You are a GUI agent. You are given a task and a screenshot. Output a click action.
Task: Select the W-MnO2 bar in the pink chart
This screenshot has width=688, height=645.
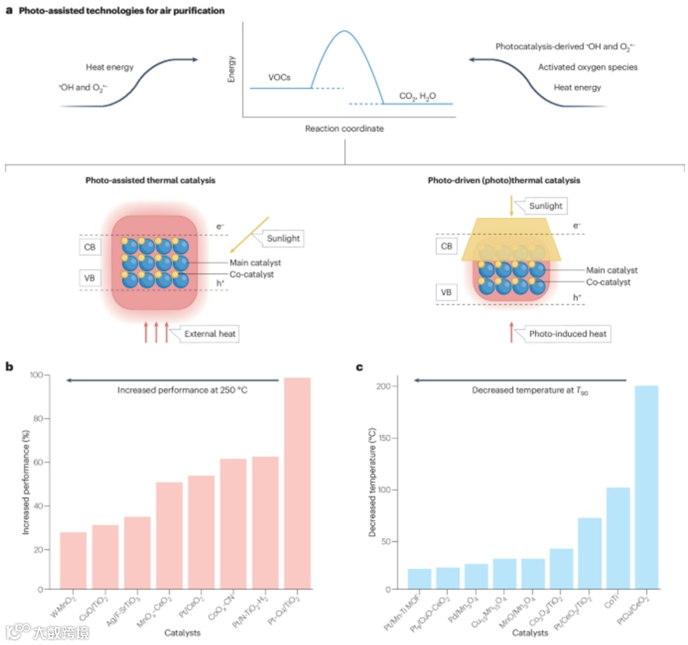(73, 560)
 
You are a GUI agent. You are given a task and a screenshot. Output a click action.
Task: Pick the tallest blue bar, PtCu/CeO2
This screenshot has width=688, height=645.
(646, 486)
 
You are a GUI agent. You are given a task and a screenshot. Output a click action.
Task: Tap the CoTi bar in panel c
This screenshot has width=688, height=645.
(618, 538)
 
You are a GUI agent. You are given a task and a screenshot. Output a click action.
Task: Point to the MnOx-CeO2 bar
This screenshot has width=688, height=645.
(169, 535)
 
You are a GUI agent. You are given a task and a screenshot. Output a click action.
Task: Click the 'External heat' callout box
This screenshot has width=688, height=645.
(208, 334)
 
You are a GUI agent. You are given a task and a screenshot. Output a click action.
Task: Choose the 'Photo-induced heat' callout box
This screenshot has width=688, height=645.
(568, 334)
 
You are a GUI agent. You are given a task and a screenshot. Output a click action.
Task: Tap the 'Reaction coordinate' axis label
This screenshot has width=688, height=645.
(344, 129)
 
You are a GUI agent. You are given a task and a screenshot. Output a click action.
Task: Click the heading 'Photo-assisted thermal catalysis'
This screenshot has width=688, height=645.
(150, 181)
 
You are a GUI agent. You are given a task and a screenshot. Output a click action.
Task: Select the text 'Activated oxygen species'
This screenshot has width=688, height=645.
(587, 67)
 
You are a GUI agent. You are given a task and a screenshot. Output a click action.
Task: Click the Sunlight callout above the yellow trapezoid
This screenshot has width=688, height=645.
(545, 206)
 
